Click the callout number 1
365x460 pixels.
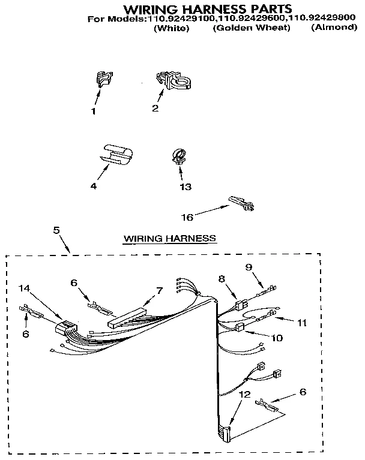click(x=93, y=110)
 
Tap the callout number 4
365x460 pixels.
click(x=93, y=186)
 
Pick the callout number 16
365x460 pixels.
click(x=187, y=217)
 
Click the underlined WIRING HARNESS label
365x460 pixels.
click(x=169, y=238)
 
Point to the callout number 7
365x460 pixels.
click(x=159, y=290)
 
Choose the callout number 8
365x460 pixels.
click(x=221, y=278)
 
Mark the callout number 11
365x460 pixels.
click(x=301, y=323)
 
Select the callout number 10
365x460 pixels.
click(x=276, y=338)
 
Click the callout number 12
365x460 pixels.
click(x=243, y=394)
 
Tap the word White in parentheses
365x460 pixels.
click(x=171, y=28)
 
